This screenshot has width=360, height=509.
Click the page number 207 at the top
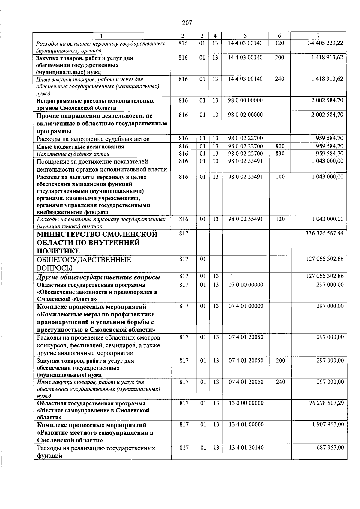click(187, 22)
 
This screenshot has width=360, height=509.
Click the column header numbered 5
click(245, 36)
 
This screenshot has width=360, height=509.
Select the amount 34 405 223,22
click(325, 43)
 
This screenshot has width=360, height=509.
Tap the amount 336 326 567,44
click(325, 233)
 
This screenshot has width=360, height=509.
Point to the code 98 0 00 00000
click(245, 100)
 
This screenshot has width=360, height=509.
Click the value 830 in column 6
click(280, 153)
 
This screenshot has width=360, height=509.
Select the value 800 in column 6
click(280, 146)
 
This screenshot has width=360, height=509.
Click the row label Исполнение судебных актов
click(73, 154)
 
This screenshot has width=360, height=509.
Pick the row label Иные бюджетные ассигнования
click(80, 147)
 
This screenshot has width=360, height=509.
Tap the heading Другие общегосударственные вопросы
click(98, 277)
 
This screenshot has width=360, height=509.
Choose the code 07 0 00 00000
click(246, 284)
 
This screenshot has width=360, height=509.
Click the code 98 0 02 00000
click(245, 115)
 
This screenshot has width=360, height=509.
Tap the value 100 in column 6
click(280, 177)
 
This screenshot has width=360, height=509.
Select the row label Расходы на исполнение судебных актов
click(93, 139)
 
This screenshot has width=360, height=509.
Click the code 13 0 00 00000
click(246, 403)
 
